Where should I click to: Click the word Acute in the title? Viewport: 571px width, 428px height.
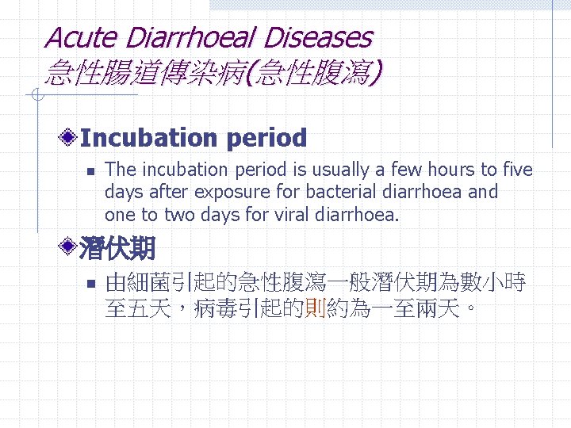tap(79, 37)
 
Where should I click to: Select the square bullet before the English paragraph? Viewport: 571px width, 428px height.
tap(91, 170)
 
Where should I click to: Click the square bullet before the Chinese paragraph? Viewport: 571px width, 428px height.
tap(91, 282)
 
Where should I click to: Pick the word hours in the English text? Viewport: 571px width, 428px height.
tap(446, 170)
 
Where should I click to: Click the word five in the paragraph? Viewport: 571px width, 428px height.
tap(515, 170)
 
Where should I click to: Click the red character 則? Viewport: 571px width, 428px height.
tap(316, 309)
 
